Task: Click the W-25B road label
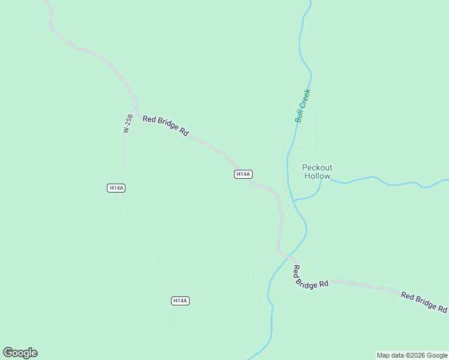point(127,122)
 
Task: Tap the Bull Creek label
point(303,106)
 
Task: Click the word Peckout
point(317,167)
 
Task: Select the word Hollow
point(317,176)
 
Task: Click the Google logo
point(20,353)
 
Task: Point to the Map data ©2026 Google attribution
point(412,355)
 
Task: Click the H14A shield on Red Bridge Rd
point(243,174)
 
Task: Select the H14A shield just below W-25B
point(116,188)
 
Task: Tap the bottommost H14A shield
point(180,301)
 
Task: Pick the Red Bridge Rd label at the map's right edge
point(424,302)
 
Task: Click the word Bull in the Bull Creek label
point(298,116)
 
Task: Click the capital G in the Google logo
point(8,353)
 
